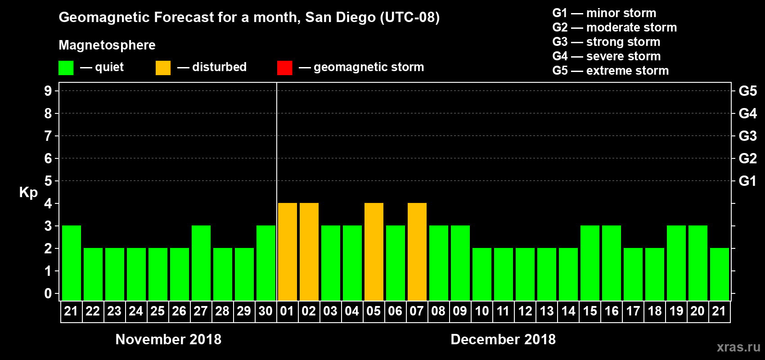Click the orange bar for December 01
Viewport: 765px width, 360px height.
287,252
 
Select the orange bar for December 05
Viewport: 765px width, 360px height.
373,252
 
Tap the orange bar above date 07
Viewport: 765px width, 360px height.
417,252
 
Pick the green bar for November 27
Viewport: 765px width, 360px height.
201,263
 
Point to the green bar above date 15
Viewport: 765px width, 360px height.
589,263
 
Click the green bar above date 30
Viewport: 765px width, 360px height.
265,263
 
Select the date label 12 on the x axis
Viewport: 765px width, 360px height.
525,311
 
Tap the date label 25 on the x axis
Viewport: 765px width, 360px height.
157,311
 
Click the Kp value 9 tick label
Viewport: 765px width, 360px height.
48,91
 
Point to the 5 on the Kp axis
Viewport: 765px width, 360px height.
48,181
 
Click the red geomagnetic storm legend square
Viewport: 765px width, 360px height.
284,68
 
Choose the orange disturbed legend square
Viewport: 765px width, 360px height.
163,68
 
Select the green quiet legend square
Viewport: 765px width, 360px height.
66,68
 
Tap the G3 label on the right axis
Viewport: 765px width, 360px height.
747,136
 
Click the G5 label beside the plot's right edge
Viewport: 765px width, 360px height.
747,91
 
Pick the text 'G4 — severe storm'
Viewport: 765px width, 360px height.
606,56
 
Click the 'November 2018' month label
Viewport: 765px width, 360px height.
168,339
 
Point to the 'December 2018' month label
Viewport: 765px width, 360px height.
503,339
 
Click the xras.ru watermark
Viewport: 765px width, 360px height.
738,347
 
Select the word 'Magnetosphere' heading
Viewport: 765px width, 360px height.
107,45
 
